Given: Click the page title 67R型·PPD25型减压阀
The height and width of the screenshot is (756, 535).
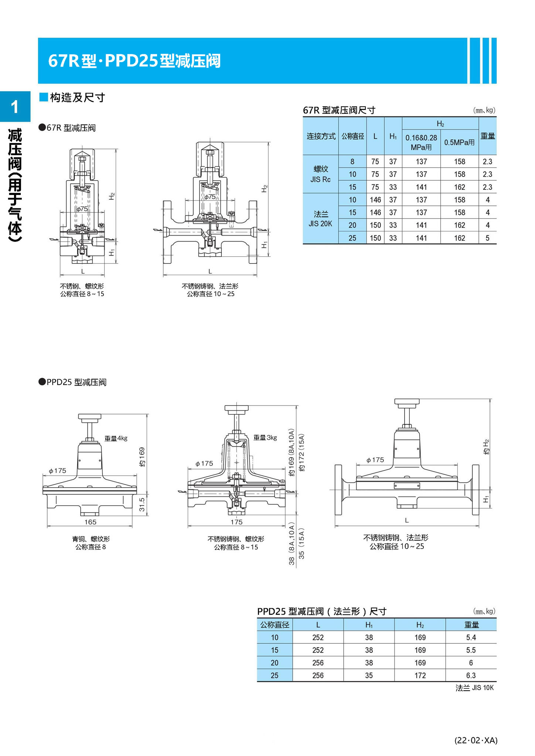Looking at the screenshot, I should click(134, 61).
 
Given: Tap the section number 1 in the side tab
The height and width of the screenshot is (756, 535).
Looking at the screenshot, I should click(15, 107).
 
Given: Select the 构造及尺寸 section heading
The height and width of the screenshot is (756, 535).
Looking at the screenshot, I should click(77, 98).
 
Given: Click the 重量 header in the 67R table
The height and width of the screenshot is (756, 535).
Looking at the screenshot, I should click(487, 136).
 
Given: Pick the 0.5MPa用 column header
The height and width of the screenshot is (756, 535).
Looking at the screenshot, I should click(459, 142).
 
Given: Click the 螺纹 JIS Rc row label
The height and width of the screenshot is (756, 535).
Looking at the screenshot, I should click(320, 174).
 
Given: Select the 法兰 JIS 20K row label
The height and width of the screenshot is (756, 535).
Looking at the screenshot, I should click(320, 219).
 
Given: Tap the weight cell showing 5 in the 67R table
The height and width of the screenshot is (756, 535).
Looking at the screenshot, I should click(487, 238).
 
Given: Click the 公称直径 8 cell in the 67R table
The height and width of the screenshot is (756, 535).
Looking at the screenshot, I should click(352, 161).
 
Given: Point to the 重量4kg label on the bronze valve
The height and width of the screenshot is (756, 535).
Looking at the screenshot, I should click(116, 438).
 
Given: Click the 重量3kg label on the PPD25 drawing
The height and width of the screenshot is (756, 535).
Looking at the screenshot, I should click(265, 438).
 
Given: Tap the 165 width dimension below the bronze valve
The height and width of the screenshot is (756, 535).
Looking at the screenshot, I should click(90, 522).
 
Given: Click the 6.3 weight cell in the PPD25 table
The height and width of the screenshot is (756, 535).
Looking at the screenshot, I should click(471, 675).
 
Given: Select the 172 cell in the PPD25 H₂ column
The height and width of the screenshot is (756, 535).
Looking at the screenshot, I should click(420, 675).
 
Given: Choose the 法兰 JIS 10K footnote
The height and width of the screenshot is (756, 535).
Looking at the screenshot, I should click(474, 688).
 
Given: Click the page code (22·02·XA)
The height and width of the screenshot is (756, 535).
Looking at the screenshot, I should click(476, 740).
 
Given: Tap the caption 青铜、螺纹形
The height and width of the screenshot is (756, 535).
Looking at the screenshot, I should click(91, 539).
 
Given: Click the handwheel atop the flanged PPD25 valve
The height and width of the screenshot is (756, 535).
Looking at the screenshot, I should click(406, 402).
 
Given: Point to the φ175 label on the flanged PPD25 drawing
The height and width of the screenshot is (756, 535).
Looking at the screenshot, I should click(375, 460).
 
